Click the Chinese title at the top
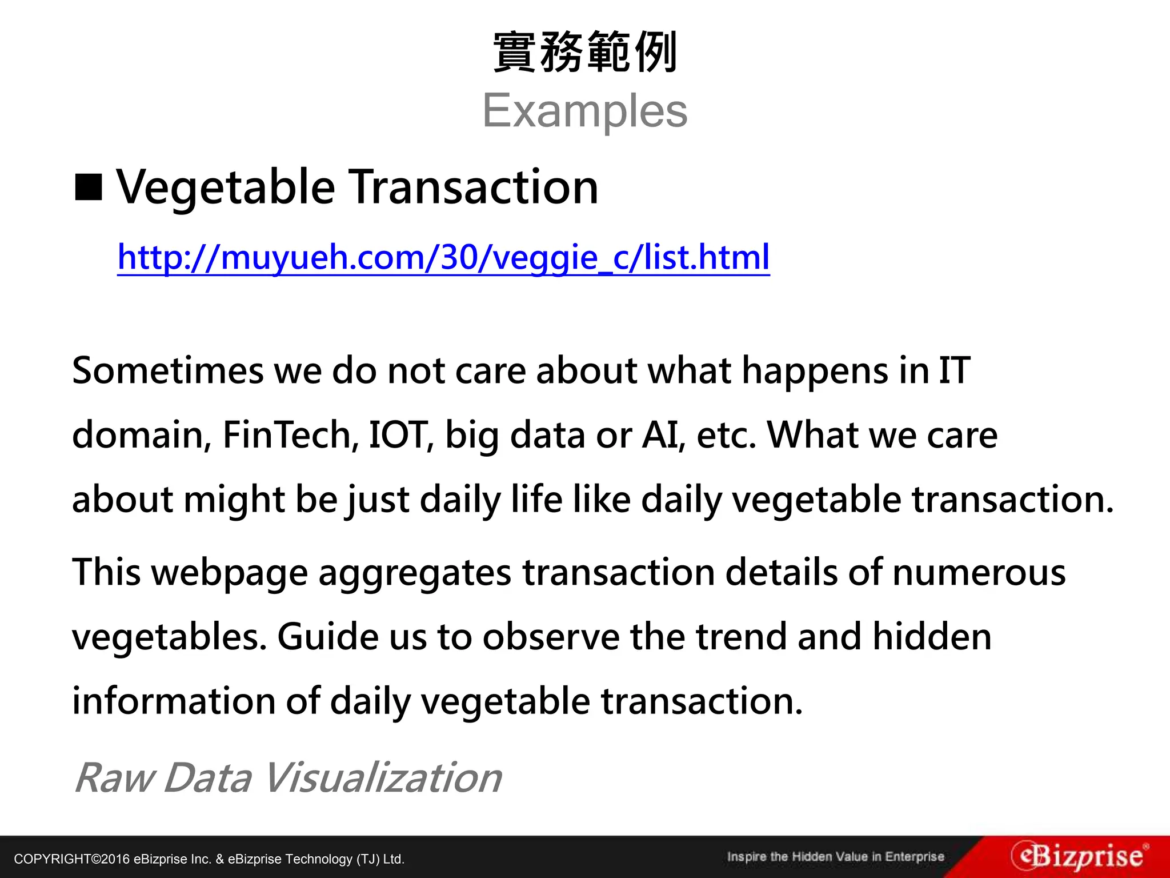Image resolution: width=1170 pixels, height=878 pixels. (x=585, y=53)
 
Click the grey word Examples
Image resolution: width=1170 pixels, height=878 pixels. (x=585, y=111)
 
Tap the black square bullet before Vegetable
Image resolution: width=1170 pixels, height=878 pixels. (x=89, y=187)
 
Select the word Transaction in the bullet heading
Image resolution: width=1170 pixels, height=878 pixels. (x=474, y=187)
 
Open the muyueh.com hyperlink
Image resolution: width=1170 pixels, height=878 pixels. (x=443, y=257)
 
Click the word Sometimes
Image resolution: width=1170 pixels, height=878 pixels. (x=167, y=370)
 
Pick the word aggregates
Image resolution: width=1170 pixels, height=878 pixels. (x=414, y=573)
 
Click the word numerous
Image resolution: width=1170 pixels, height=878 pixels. (x=979, y=573)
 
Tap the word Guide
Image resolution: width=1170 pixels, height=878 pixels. (x=328, y=637)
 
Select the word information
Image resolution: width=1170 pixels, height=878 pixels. (x=174, y=701)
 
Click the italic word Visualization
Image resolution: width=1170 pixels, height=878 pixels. (x=382, y=778)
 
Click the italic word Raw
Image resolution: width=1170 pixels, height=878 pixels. (x=114, y=778)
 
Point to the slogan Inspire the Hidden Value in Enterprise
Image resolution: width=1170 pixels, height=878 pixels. (x=835, y=857)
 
